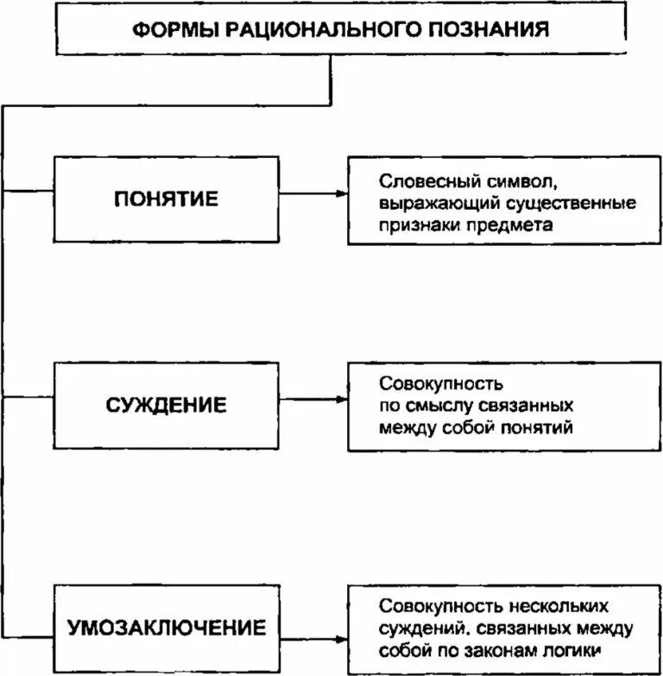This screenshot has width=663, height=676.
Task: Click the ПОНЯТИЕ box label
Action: coord(167,199)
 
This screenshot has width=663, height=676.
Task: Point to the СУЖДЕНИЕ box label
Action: coord(167,404)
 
